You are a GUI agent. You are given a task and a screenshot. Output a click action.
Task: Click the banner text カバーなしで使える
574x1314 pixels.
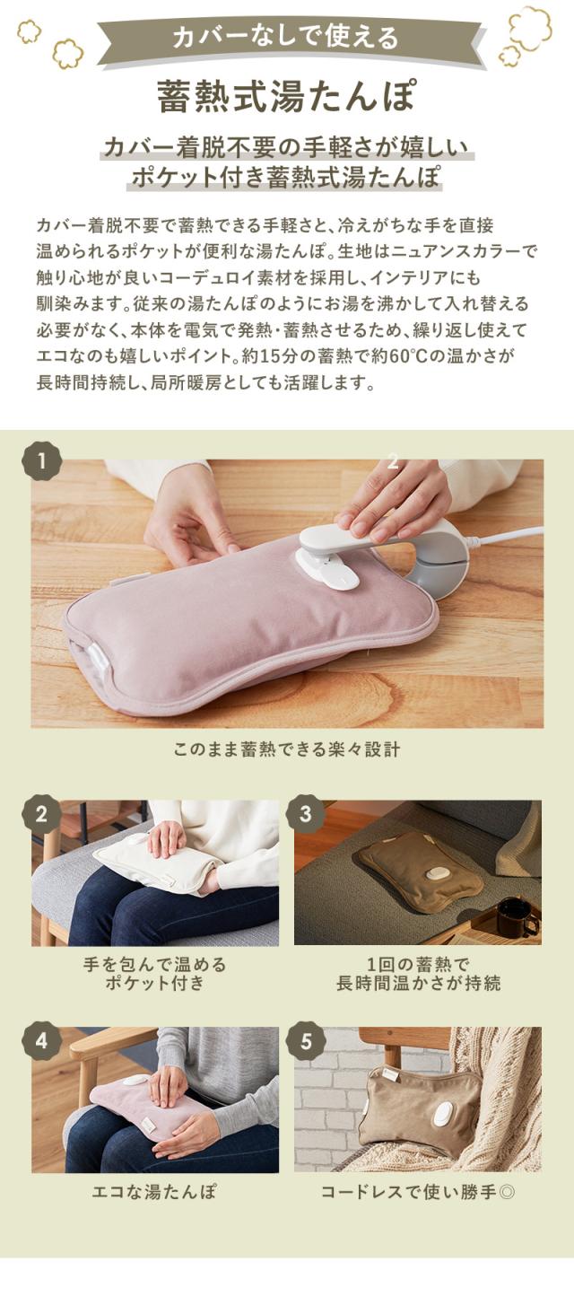tap(287, 39)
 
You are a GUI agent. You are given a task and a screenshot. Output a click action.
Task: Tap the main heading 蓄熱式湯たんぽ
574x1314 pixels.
tap(287, 97)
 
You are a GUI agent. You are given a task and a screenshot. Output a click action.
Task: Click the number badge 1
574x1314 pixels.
tap(42, 462)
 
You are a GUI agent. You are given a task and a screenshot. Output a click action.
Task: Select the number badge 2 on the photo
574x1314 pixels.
tap(42, 814)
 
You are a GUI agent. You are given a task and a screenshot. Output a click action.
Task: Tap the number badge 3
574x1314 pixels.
tap(305, 814)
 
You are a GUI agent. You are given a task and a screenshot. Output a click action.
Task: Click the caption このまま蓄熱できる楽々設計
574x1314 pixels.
tap(287, 749)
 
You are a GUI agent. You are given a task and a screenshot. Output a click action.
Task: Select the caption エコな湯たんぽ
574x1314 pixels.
tap(154, 1192)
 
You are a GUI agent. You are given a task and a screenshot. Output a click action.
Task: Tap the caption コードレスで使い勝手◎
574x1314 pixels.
tap(418, 1192)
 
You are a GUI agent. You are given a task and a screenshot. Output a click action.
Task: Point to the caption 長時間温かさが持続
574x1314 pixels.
tap(418, 984)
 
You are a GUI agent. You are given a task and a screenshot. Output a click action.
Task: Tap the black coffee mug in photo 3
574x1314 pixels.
tap(515, 916)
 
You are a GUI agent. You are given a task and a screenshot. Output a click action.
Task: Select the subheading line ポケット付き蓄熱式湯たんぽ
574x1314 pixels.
tap(287, 176)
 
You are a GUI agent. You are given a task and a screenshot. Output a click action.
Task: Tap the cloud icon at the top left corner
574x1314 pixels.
tap(29, 31)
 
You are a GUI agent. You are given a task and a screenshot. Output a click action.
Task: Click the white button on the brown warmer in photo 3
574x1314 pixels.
tap(439, 873)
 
